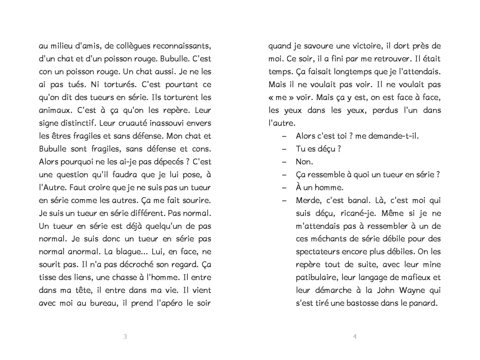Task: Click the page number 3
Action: [x=125, y=337]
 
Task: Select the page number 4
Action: [x=355, y=337]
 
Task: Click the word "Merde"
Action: [x=308, y=201]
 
